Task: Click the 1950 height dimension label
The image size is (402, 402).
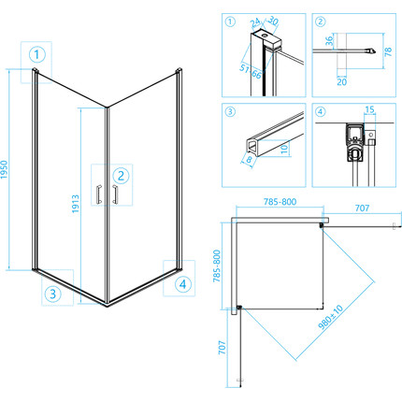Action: coord(4,169)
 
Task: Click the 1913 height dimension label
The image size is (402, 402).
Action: coord(76,204)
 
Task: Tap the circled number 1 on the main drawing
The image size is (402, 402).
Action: coord(37,54)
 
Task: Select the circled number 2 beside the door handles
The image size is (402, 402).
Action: coord(121,176)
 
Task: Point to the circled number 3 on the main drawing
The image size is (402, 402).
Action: coord(52,294)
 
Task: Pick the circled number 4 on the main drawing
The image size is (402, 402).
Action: coord(182,284)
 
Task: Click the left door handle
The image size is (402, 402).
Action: coord(99,194)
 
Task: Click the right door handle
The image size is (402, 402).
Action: coord(115,194)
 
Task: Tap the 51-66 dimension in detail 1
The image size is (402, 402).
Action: coord(251,72)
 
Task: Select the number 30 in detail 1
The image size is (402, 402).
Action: coord(273,21)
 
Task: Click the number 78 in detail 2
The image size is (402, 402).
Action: coord(388,51)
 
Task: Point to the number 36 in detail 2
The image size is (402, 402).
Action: coord(329,41)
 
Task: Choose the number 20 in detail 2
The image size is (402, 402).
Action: coord(341,82)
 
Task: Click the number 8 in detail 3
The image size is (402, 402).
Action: coord(249,160)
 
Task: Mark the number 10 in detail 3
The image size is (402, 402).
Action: coord(284,149)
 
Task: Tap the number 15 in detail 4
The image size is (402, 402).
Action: coord(369,109)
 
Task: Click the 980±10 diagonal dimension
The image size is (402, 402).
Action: coord(331,317)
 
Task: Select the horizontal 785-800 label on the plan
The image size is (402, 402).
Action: coord(280,202)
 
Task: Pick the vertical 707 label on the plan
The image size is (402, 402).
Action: coord(222,347)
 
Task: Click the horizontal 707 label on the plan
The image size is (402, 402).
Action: coord(362,208)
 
